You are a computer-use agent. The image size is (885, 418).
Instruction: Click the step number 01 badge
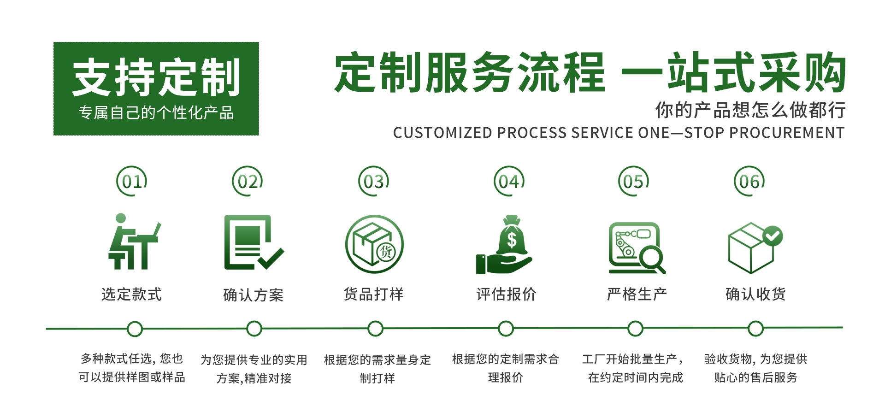(x=132, y=181)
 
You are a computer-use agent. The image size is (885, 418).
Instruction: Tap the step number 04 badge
(x=509, y=181)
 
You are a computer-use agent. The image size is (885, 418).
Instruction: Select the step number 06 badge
(x=749, y=181)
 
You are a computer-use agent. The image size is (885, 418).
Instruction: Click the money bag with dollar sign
(x=512, y=237)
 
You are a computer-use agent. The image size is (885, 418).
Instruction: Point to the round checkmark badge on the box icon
(x=773, y=236)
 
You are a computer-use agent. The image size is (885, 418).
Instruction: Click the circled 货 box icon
(x=374, y=244)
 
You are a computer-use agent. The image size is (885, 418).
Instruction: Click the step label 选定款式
(x=132, y=294)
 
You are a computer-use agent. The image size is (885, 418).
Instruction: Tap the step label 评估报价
(x=506, y=294)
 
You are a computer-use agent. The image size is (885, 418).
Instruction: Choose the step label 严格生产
(x=637, y=294)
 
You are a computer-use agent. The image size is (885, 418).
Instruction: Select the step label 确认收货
(x=755, y=294)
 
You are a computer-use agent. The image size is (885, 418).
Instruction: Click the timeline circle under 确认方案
(x=254, y=329)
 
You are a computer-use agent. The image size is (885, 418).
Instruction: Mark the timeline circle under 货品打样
(x=375, y=329)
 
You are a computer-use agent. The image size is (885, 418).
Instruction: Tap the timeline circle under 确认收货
(x=755, y=329)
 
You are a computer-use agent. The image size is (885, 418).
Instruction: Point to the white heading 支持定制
(x=156, y=77)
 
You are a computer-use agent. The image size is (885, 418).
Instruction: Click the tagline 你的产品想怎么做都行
(x=750, y=110)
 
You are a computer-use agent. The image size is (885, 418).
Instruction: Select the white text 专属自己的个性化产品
(x=156, y=113)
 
